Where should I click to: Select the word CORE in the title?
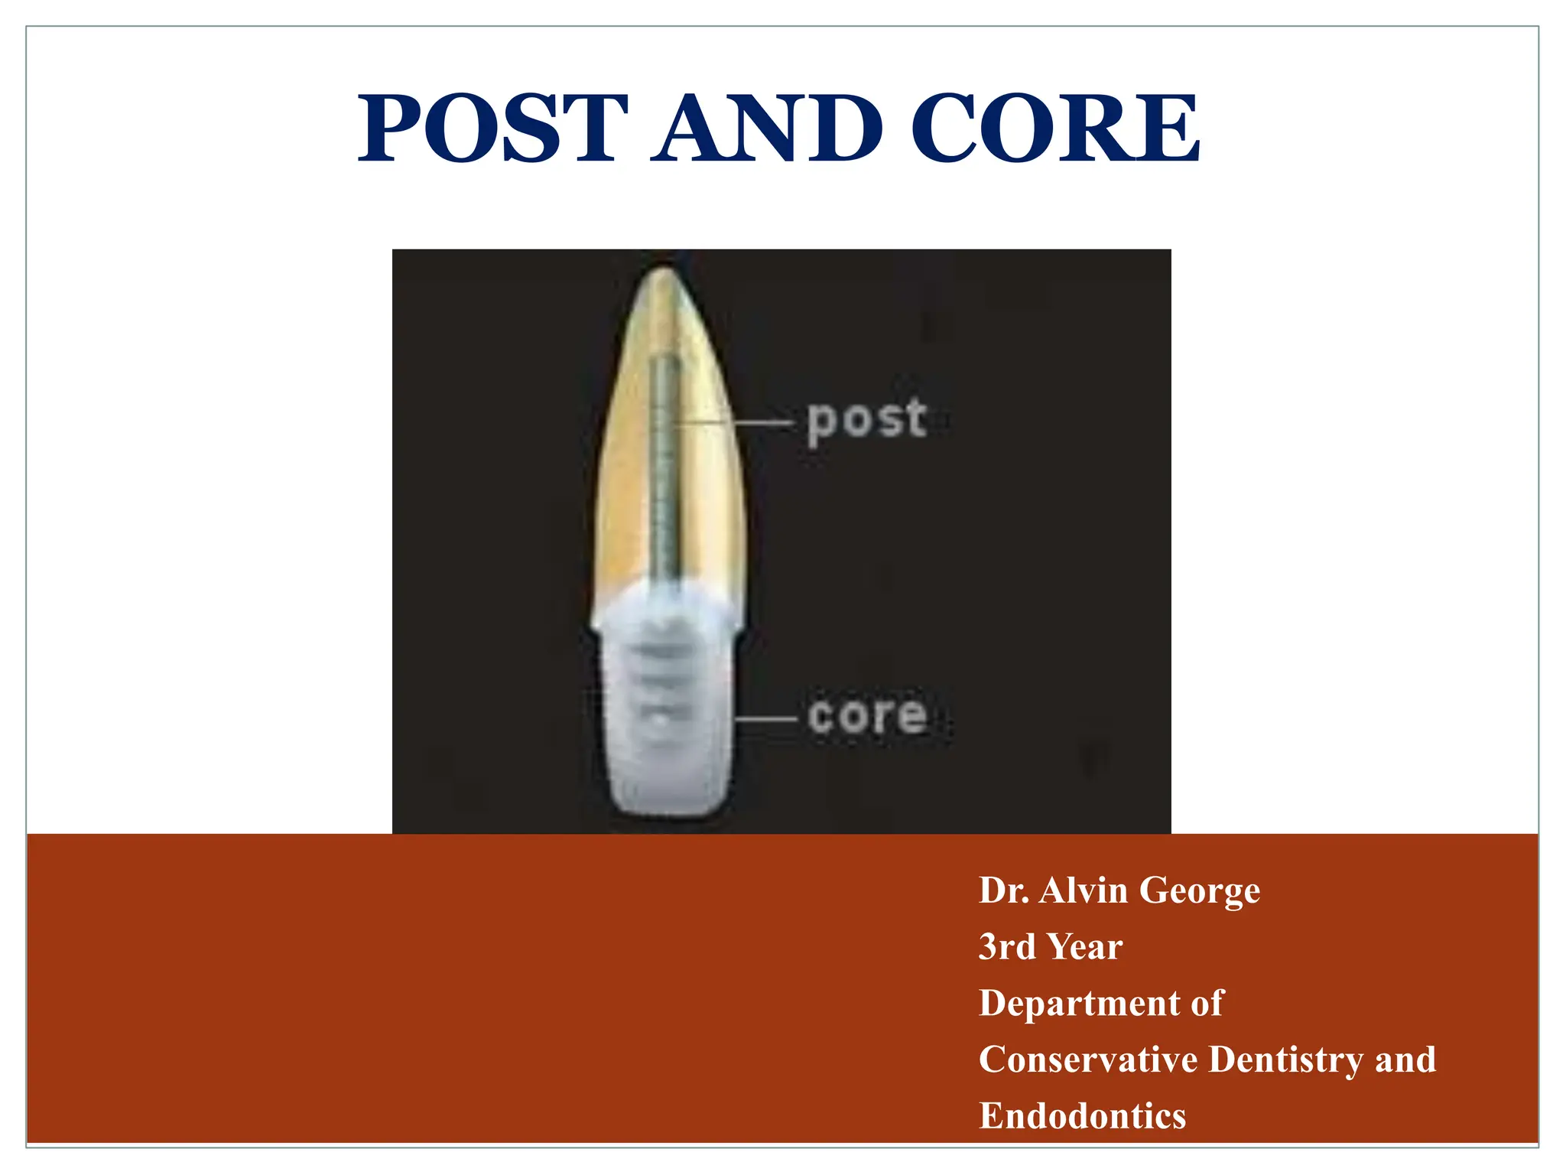point(1055,129)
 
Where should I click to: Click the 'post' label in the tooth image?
point(867,420)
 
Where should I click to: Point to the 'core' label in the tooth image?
point(867,716)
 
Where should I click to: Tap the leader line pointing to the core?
point(767,719)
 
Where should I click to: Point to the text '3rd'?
point(1008,947)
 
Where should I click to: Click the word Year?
point(1086,947)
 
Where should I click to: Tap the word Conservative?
point(1088,1060)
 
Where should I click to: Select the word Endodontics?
point(1082,1116)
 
